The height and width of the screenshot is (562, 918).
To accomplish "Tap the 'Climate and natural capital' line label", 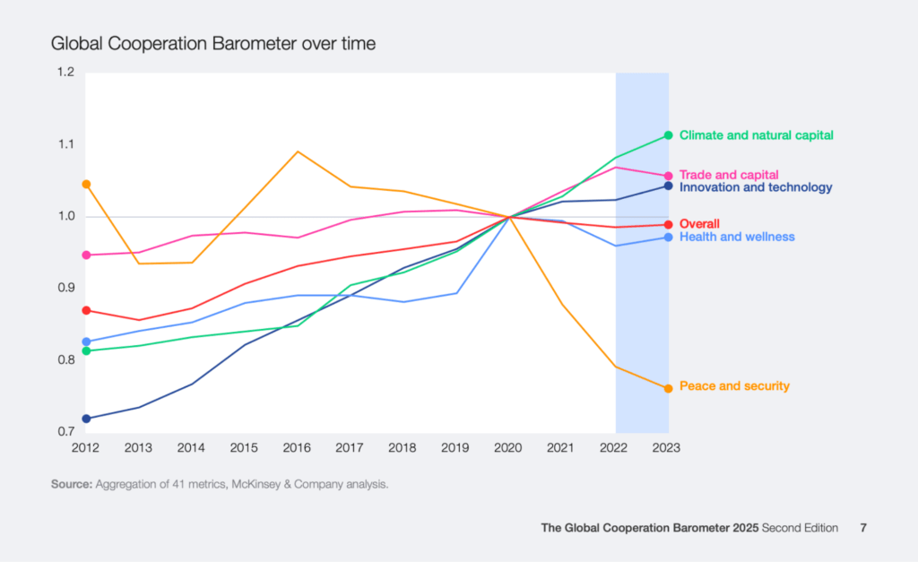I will pos(757,135).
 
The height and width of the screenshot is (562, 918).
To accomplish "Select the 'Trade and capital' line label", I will pos(729,175).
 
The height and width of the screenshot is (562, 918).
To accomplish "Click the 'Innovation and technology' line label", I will pos(756,188).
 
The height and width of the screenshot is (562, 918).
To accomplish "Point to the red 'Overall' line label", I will pos(700,223).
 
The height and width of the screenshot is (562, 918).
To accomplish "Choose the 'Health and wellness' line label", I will pos(737,237).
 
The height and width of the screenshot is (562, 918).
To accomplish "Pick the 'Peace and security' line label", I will pos(734,386).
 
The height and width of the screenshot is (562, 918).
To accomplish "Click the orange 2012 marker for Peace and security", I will pos(86,184).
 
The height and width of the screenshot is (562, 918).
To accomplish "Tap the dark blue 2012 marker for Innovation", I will pos(86,419).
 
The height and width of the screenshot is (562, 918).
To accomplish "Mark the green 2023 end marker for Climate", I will pos(668,135).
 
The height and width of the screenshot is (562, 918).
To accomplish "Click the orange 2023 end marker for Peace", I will pos(668,388).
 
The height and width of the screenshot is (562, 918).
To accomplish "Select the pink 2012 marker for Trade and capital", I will pos(86,255).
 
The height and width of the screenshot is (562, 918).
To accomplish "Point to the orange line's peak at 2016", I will pos(299,151).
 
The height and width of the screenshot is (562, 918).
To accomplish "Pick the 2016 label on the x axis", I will pos(298,447).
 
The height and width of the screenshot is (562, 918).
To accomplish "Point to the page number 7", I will pos(863,528).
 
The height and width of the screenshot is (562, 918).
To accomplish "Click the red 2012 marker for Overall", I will pos(86,310).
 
